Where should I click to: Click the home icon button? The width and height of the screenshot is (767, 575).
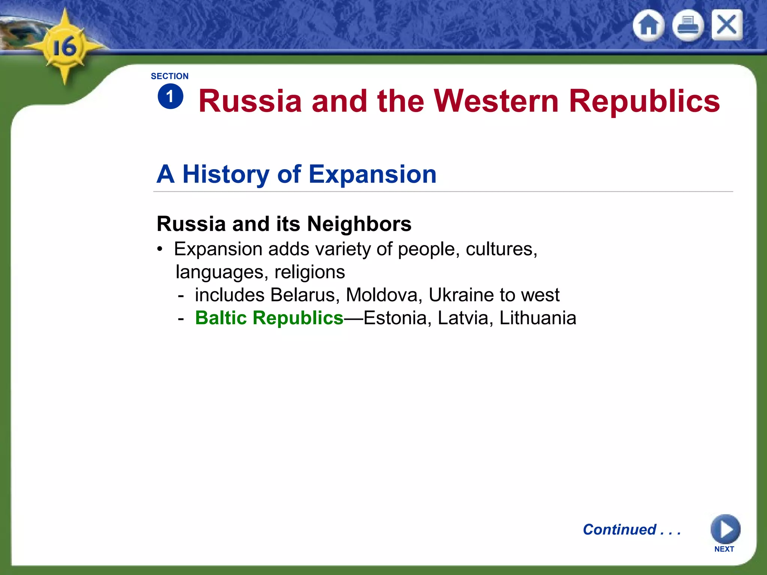pyautogui.click(x=649, y=25)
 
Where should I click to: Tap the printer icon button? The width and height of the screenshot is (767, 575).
pyautogui.click(x=688, y=25)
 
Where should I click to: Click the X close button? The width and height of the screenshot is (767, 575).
pyautogui.click(x=727, y=25)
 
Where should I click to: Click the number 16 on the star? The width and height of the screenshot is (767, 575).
pyautogui.click(x=64, y=47)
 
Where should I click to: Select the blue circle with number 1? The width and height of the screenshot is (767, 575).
pyautogui.click(x=170, y=97)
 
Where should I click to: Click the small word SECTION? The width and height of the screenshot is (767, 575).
pyautogui.click(x=170, y=76)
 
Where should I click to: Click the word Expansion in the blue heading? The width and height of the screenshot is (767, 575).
pyautogui.click(x=372, y=174)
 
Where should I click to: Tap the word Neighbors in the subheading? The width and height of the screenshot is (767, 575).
pyautogui.click(x=359, y=224)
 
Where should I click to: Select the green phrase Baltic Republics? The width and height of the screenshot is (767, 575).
pyautogui.click(x=269, y=318)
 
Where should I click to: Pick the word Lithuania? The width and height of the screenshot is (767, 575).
pyautogui.click(x=538, y=318)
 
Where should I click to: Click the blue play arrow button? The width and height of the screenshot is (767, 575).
pyautogui.click(x=725, y=529)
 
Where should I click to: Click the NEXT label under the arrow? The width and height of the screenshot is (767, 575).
pyautogui.click(x=724, y=549)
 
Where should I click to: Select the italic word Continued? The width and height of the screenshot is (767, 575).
pyautogui.click(x=619, y=529)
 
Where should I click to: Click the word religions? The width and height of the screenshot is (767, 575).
pyautogui.click(x=309, y=272)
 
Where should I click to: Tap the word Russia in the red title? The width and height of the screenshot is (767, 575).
pyautogui.click(x=250, y=101)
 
